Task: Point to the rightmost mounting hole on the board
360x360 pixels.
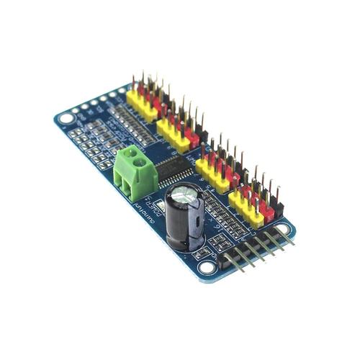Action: pyautogui.click(x=282, y=221)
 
